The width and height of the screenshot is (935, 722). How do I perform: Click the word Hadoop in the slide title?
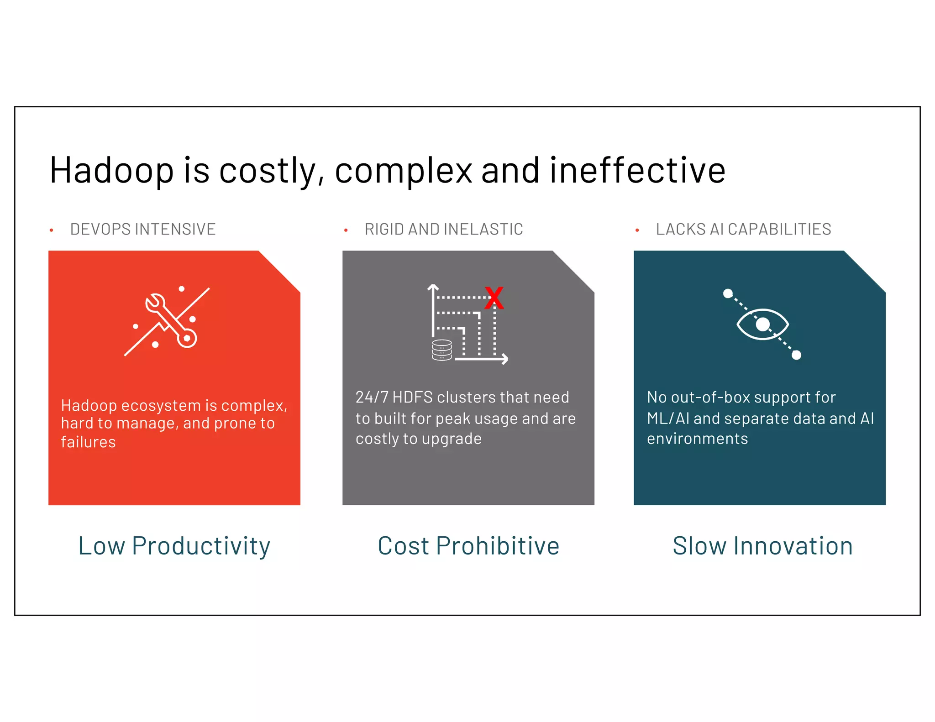[111, 171]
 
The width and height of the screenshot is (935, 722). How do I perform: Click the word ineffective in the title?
[637, 171]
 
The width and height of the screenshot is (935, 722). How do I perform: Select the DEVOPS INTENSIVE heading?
[142, 229]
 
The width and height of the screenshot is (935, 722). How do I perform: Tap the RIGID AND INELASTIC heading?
[443, 229]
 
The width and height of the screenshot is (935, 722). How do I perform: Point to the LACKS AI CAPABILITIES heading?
[743, 229]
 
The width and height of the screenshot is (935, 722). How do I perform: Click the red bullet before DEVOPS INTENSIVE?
[52, 230]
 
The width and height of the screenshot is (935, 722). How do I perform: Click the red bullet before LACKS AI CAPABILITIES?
[637, 230]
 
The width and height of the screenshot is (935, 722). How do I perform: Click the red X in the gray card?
[494, 298]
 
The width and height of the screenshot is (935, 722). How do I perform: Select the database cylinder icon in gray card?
[441, 350]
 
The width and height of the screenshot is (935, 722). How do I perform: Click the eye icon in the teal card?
[762, 324]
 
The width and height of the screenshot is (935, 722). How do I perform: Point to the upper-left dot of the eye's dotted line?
[728, 293]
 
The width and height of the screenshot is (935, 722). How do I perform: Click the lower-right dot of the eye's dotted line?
[796, 355]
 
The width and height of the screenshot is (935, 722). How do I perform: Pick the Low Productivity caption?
[174, 546]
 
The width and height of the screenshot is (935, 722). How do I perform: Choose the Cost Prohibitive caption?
[468, 546]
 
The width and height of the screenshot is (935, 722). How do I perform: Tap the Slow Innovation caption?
[762, 546]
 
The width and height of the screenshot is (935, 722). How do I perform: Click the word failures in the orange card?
[88, 442]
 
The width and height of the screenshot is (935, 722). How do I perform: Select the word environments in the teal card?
[697, 439]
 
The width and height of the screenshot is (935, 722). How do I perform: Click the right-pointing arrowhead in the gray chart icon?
[504, 359]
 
